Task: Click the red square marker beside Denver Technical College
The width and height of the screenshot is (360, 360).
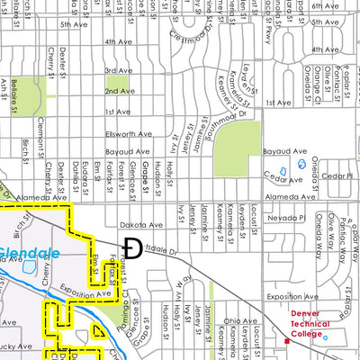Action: coord(286,341)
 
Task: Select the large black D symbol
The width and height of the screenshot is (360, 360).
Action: coord(131,247)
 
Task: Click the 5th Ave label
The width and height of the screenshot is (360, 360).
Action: coord(72,24)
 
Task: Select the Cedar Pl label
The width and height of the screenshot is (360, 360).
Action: coord(336,175)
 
